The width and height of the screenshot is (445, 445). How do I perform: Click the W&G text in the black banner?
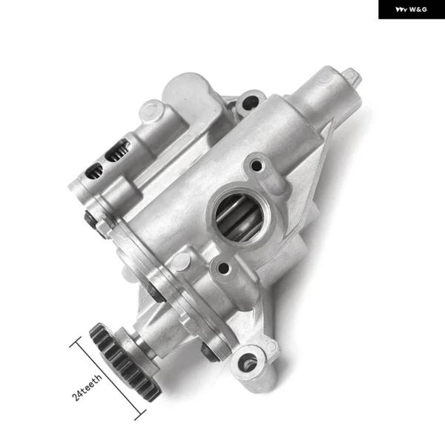(418, 10)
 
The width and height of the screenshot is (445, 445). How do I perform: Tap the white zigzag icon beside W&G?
(401, 10)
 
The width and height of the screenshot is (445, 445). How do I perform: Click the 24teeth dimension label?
(87, 387)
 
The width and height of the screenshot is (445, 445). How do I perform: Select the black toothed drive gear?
(125, 362)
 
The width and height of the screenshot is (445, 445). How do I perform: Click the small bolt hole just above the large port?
(257, 165)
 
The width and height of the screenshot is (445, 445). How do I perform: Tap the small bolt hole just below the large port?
(223, 268)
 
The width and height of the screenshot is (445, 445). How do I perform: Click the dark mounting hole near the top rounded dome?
(250, 102)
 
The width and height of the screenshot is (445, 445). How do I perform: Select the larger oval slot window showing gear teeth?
(117, 151)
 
